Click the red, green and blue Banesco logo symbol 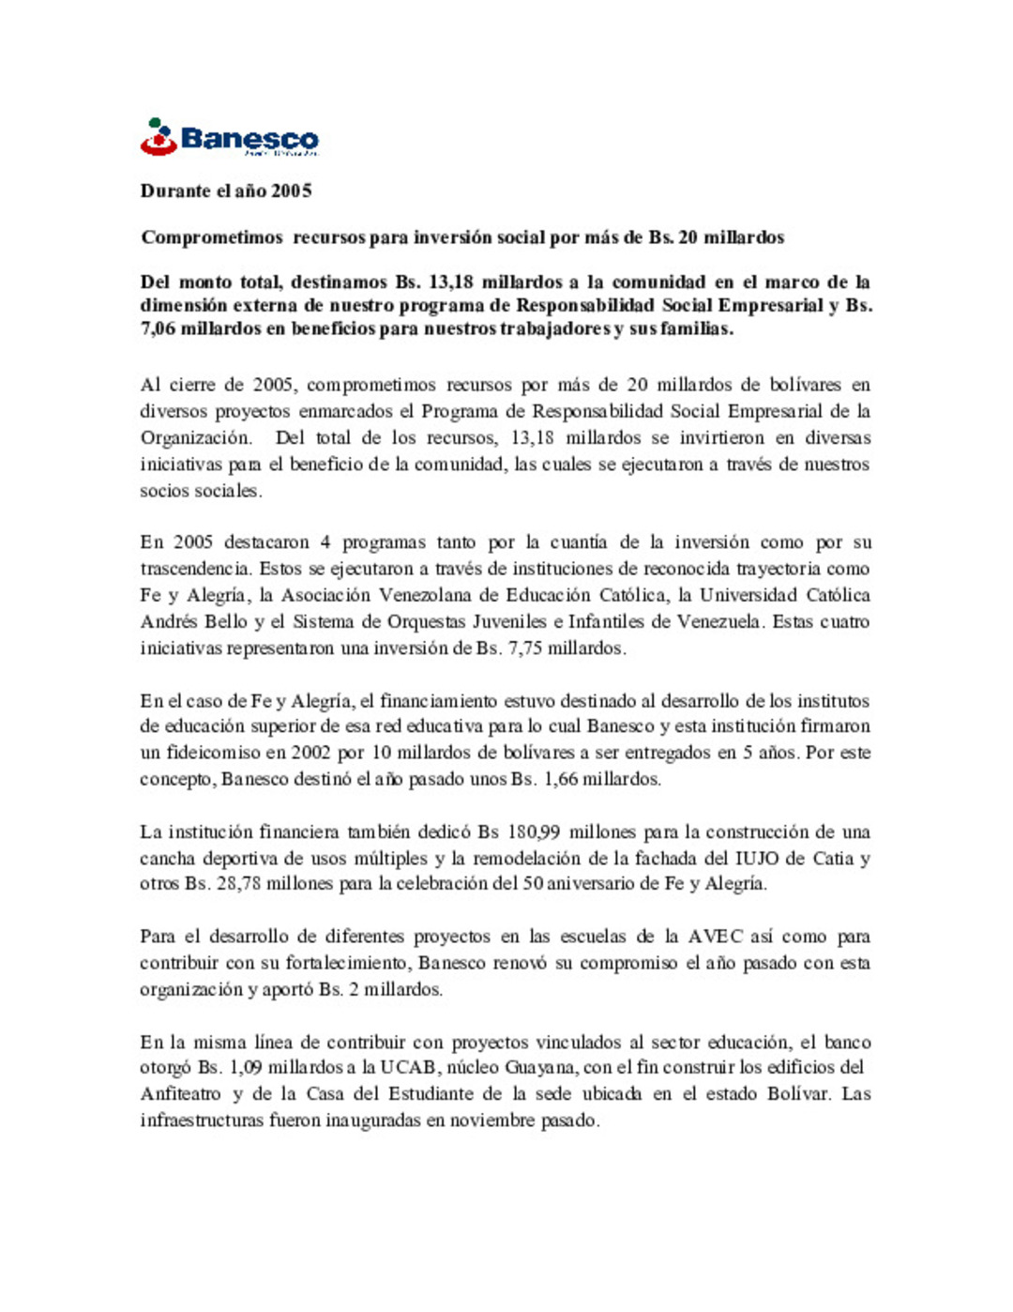point(159,137)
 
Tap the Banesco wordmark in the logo point(249,139)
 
